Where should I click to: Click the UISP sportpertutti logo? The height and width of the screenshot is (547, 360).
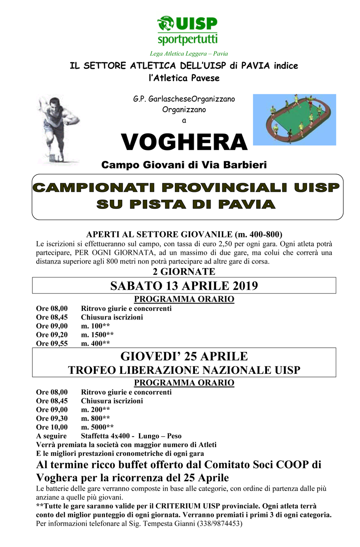pyautogui.click(x=187, y=29)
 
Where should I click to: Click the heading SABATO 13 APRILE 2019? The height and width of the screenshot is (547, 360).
pyautogui.click(x=184, y=286)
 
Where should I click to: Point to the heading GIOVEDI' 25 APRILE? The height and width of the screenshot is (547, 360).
pyautogui.click(x=184, y=356)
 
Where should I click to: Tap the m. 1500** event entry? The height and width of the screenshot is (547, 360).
pyautogui.click(x=98, y=335)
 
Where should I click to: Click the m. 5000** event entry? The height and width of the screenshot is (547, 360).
pyautogui.click(x=98, y=427)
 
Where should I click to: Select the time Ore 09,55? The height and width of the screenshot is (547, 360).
pyautogui.click(x=52, y=344)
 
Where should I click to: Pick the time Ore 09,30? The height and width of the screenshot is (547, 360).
pyautogui.click(x=52, y=418)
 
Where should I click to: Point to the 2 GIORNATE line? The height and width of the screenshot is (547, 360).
pyautogui.click(x=184, y=272)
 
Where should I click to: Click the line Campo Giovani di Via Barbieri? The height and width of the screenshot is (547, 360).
pyautogui.click(x=184, y=164)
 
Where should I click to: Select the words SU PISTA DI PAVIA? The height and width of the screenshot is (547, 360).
pyautogui.click(x=186, y=204)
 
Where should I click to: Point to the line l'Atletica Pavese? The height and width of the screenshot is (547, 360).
pyautogui.click(x=184, y=78)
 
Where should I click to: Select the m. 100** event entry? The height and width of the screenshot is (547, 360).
pyautogui.click(x=95, y=326)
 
